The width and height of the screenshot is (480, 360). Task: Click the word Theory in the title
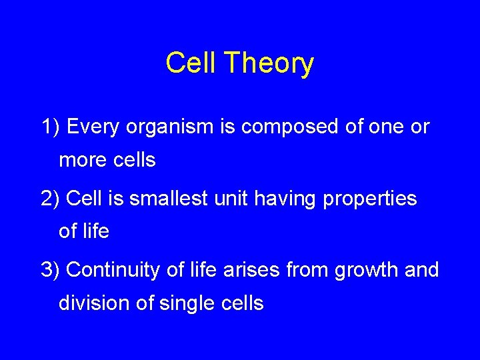(x=269, y=64)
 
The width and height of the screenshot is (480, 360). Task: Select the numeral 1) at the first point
(x=51, y=127)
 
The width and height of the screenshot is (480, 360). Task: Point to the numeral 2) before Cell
(x=51, y=199)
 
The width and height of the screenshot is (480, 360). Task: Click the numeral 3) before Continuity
(x=51, y=270)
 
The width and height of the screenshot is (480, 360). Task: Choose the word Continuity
(x=113, y=270)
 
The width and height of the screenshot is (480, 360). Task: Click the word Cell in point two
(x=82, y=199)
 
